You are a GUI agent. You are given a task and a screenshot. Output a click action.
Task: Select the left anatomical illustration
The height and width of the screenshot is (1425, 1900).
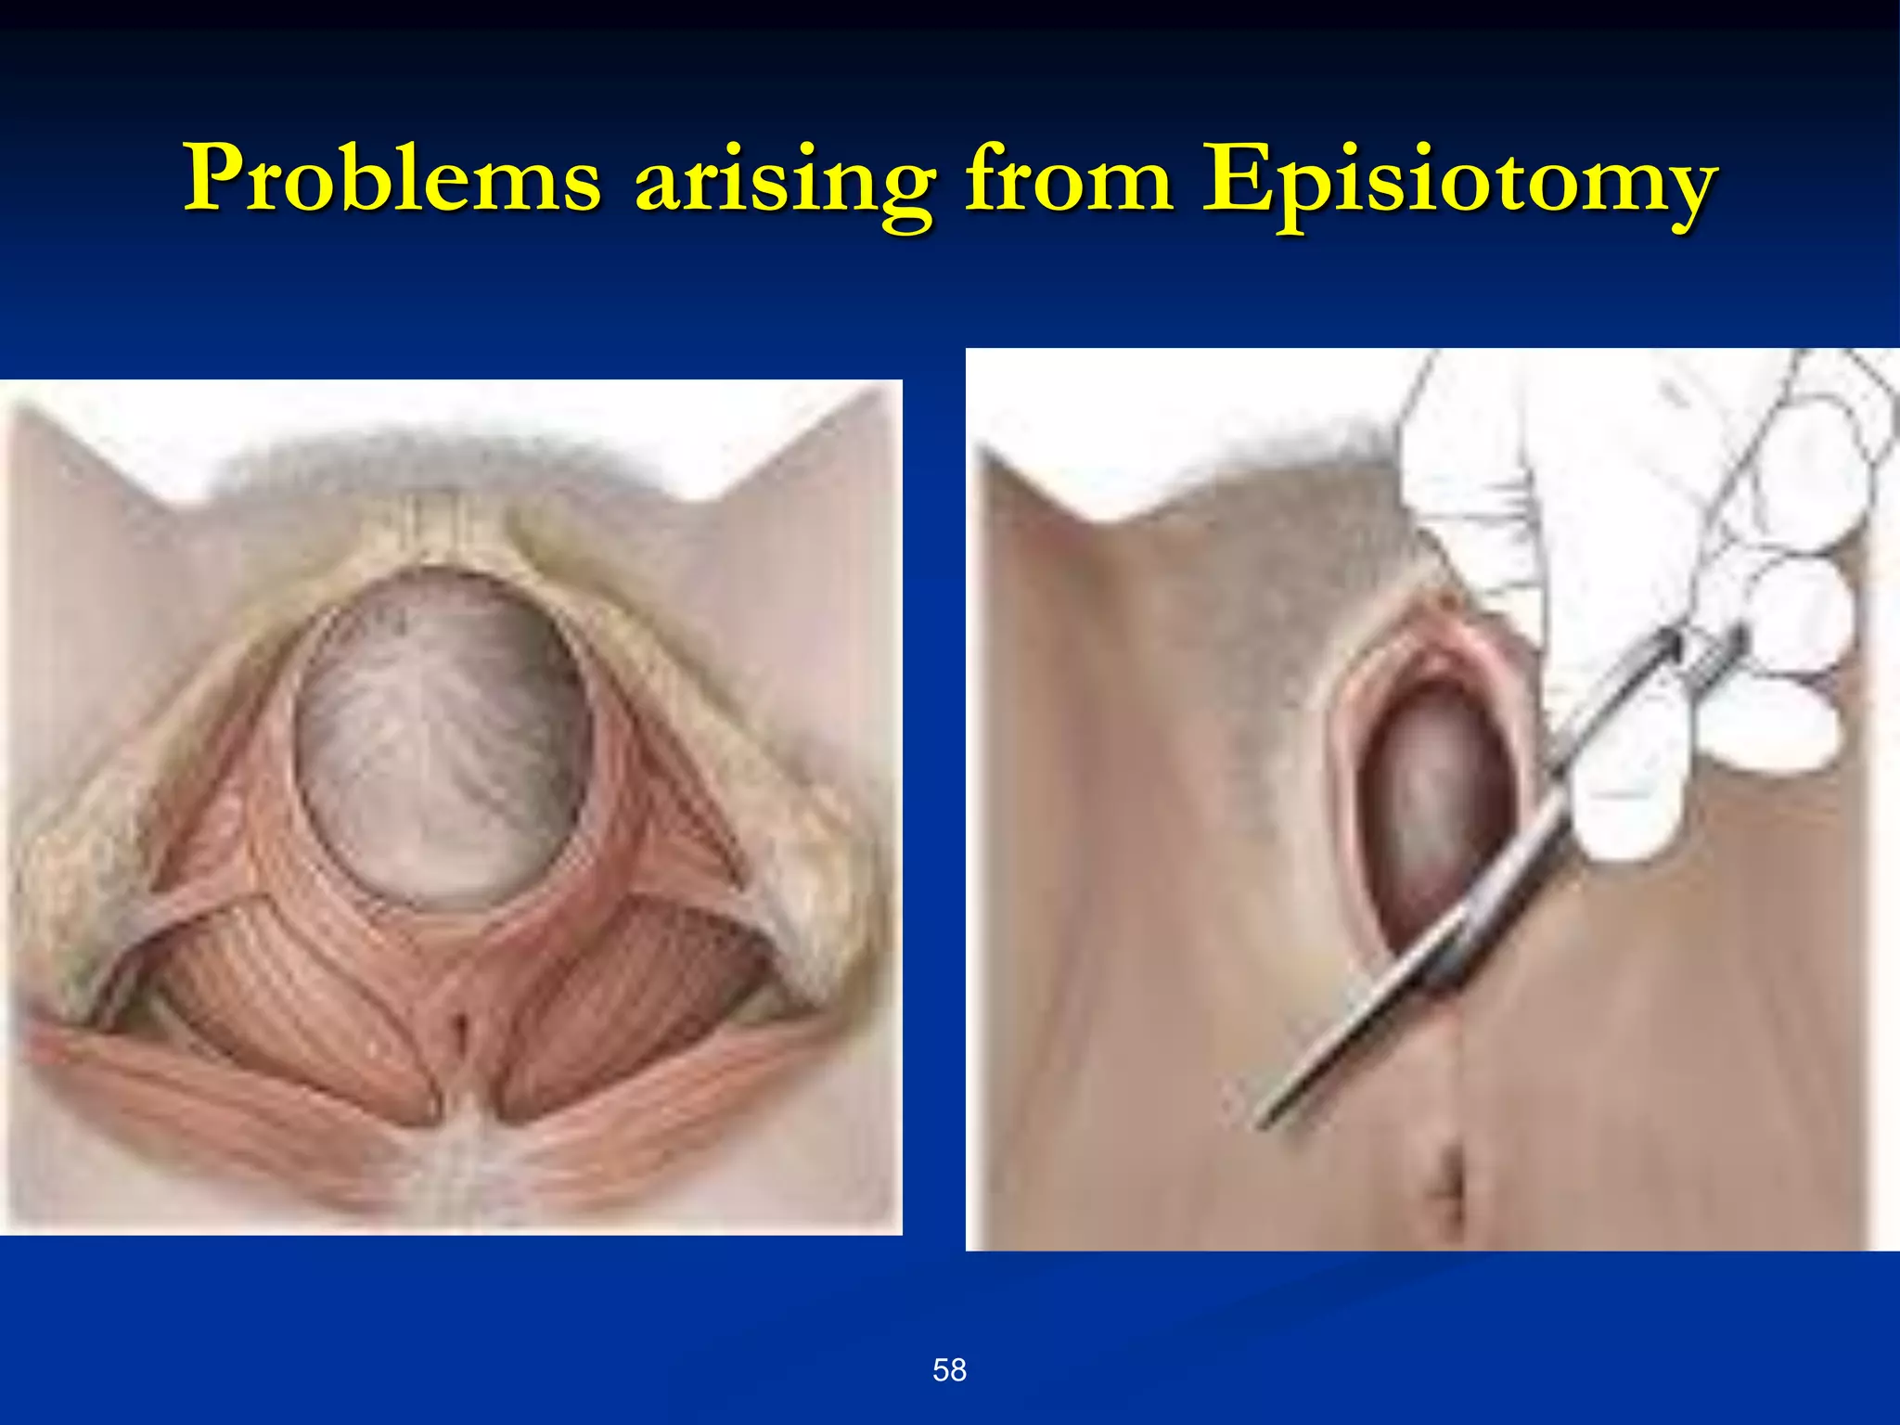click(x=451, y=807)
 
